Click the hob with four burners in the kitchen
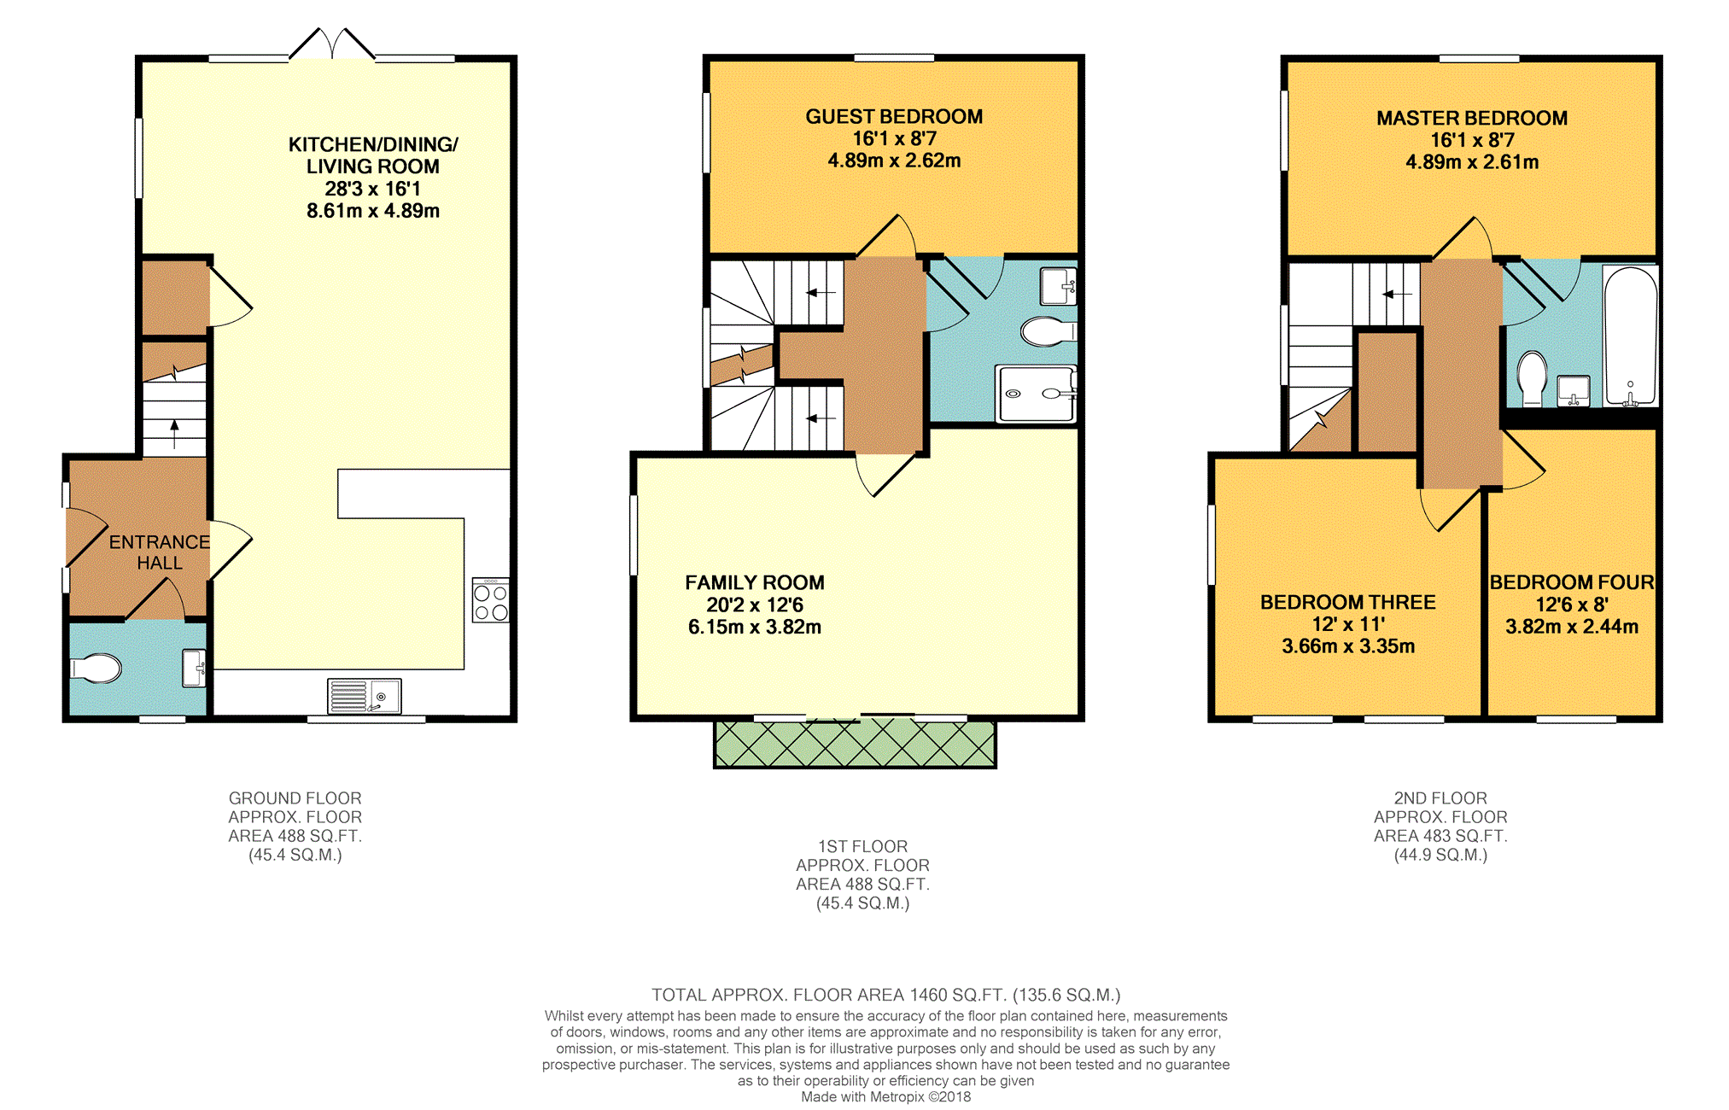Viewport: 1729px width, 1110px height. pyautogui.click(x=491, y=600)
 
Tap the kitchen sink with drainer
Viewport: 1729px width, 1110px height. pyautogui.click(x=365, y=696)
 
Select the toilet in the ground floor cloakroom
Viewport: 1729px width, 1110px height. pyautogui.click(x=96, y=669)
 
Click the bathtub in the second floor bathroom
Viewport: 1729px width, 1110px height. pyautogui.click(x=1630, y=336)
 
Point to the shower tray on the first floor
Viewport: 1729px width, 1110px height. pyautogui.click(x=1037, y=394)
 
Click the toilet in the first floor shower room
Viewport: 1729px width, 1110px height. pyautogui.click(x=1049, y=331)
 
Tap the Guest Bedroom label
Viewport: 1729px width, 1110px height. pyautogui.click(x=894, y=117)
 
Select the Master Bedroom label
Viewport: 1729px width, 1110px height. pyautogui.click(x=1472, y=119)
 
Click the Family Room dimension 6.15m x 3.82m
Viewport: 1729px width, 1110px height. pyautogui.click(x=755, y=628)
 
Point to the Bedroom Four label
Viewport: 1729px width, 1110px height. pyautogui.click(x=1572, y=582)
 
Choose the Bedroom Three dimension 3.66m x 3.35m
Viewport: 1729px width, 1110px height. pyautogui.click(x=1348, y=647)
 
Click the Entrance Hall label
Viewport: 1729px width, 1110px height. pyautogui.click(x=160, y=552)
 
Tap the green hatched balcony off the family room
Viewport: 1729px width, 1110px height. pyautogui.click(x=855, y=744)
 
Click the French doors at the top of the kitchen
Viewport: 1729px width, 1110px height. pyautogui.click(x=331, y=44)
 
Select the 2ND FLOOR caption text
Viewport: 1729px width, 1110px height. pyautogui.click(x=1440, y=798)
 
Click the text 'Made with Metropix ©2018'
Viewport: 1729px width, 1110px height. pyautogui.click(x=885, y=1097)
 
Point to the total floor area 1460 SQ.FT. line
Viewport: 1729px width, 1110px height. pyautogui.click(x=886, y=995)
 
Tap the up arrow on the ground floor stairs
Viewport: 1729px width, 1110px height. pyautogui.click(x=175, y=434)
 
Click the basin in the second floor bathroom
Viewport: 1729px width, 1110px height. pyautogui.click(x=1573, y=391)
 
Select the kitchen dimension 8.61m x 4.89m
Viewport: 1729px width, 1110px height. pyautogui.click(x=373, y=211)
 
